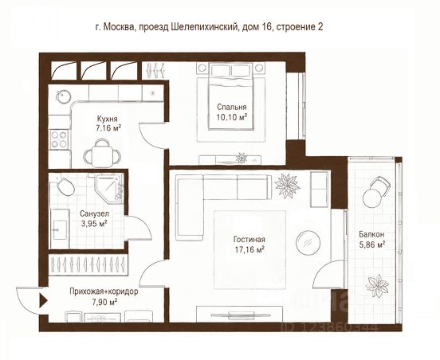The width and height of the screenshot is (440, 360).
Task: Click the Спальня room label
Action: tap(232, 107)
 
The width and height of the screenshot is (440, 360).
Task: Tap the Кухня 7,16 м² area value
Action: tap(108, 128)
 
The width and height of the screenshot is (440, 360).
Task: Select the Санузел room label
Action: tap(94, 213)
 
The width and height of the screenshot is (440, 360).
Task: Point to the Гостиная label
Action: tap(249, 240)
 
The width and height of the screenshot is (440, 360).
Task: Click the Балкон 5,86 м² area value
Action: tap(371, 245)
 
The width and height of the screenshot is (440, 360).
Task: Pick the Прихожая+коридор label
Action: tap(104, 292)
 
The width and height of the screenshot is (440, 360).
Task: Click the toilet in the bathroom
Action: tap(65, 186)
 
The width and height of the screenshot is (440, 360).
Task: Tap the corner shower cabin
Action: tap(109, 188)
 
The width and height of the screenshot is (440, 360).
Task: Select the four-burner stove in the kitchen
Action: tap(59, 139)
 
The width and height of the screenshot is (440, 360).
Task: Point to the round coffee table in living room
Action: tap(308, 243)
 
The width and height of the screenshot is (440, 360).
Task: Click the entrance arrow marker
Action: tap(44, 300)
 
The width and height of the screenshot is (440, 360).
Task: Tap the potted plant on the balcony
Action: tap(377, 286)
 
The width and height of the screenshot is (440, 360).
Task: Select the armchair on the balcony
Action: tap(375, 192)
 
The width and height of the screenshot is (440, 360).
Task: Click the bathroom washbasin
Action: tap(60, 229)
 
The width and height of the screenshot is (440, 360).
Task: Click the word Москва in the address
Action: tap(119, 27)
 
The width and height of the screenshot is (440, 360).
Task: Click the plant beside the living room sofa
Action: tap(287, 186)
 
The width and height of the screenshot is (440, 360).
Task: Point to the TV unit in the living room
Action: tap(239, 315)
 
